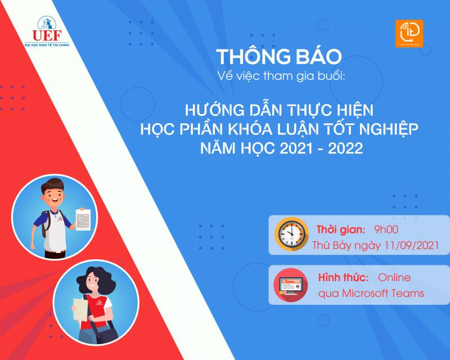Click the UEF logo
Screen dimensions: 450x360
click(47, 31)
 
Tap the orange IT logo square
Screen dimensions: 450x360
click(409, 33)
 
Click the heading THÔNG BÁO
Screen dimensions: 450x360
click(278, 56)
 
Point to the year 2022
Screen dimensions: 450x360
click(345, 148)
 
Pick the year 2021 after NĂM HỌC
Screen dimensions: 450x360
click(296, 148)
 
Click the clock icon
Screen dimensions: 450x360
click(291, 234)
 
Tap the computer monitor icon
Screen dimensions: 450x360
click(291, 285)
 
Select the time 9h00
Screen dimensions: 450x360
click(386, 229)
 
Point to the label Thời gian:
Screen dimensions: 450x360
click(341, 229)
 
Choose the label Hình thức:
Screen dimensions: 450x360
click(344, 277)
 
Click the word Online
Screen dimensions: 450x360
click(394, 278)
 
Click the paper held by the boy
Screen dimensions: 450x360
click(83, 219)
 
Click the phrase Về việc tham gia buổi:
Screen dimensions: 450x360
click(281, 76)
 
